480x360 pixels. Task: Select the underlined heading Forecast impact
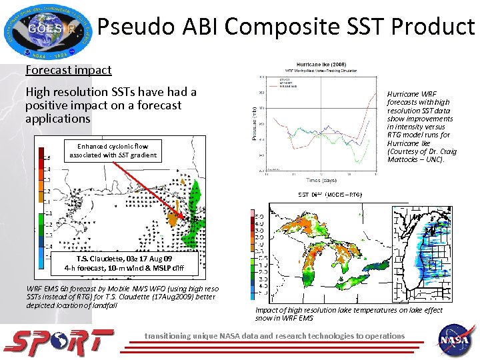[68, 70]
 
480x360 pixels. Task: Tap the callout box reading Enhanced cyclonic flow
[112, 151]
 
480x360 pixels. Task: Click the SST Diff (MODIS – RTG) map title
[329, 195]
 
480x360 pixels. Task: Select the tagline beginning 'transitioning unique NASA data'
[275, 336]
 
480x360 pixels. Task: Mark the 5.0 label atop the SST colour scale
[259, 217]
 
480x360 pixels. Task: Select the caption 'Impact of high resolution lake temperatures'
[348, 314]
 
